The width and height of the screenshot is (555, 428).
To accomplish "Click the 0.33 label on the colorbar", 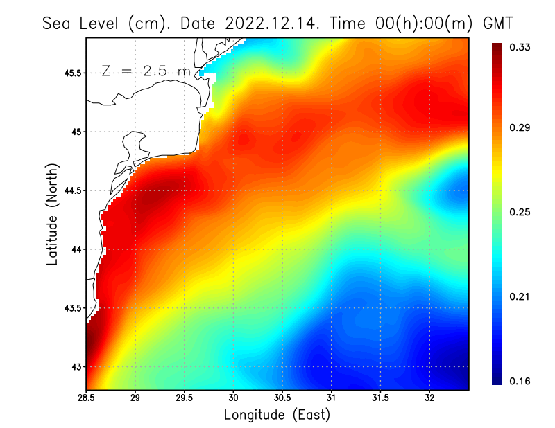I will coord(521,47).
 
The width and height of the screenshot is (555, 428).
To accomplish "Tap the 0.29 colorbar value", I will coord(521,128).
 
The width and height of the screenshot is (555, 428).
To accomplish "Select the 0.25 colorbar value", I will coord(521,212).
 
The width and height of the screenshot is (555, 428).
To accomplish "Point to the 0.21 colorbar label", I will coord(521,296).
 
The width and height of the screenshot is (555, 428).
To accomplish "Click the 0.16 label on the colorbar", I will coord(521,381).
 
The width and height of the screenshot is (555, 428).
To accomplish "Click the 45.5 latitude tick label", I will coord(72,73).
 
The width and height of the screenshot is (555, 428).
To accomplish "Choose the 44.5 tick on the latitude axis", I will coord(72,190).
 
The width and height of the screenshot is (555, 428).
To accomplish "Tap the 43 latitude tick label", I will coord(76,366).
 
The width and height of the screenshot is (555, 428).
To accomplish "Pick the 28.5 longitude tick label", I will coord(87,398).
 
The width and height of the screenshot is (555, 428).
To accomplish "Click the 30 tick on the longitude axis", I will coord(234,398).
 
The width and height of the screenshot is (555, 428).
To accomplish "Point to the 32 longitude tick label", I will coord(429,398).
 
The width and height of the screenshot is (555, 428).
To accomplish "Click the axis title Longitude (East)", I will coord(277,415).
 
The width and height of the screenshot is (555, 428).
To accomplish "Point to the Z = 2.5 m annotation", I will coord(145,71).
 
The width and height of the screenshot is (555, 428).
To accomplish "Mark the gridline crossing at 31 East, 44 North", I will coord(332,249).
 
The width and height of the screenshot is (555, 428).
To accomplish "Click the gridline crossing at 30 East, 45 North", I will coord(234,132).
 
